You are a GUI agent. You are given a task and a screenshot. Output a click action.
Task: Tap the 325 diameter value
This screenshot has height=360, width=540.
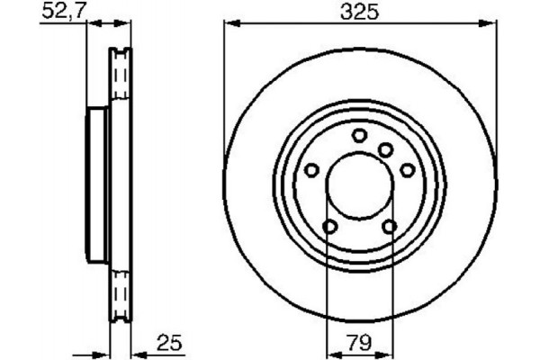tap(359, 13)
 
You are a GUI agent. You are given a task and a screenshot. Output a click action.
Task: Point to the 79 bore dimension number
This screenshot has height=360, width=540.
tap(359, 341)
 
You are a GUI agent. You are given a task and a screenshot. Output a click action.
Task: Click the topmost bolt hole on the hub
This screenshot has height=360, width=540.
tap(359, 135)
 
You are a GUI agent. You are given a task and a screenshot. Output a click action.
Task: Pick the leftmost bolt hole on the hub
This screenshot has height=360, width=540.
tap(312, 169)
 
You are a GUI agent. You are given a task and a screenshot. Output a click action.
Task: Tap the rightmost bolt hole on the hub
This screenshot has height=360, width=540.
tap(406, 169)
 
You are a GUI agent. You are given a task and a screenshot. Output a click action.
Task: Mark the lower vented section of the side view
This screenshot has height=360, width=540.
tap(119, 292)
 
